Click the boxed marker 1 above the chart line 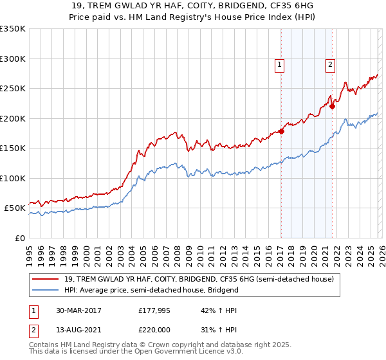click(280, 64)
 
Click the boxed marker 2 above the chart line click(330, 64)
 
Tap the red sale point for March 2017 click(281, 132)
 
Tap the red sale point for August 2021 click(333, 107)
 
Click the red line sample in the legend click(46, 280)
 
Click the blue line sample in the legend click(46, 290)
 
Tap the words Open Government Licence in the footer click(176, 354)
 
